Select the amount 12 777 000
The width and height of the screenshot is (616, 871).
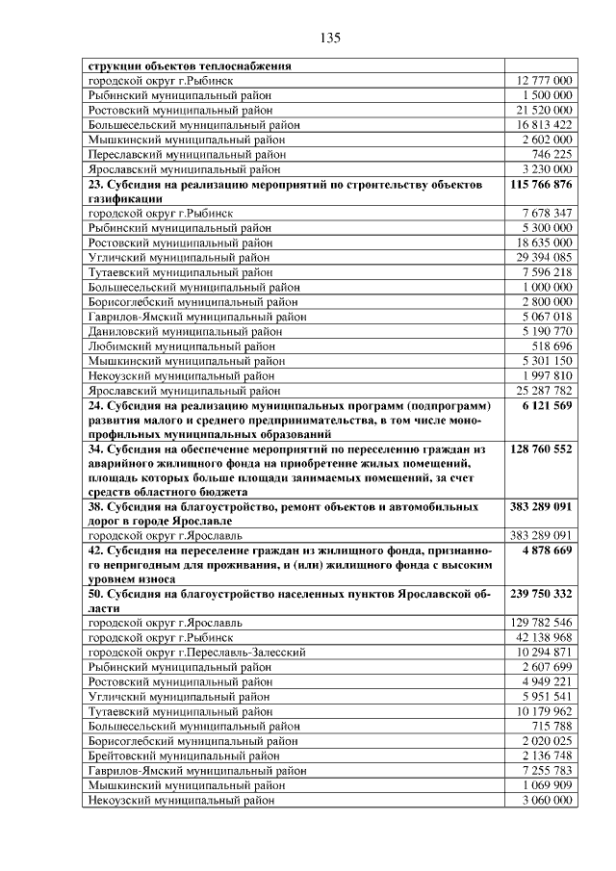[x=544, y=81]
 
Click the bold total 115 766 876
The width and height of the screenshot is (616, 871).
[x=538, y=183]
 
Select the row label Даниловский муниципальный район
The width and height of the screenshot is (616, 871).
[x=185, y=331]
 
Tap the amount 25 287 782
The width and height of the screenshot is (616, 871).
[x=544, y=391]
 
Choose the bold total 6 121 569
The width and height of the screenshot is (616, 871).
[x=546, y=406]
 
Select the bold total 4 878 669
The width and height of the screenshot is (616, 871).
[x=546, y=551]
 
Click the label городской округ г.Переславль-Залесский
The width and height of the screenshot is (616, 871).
[x=196, y=653]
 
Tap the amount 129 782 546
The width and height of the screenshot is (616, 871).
[x=542, y=624]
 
